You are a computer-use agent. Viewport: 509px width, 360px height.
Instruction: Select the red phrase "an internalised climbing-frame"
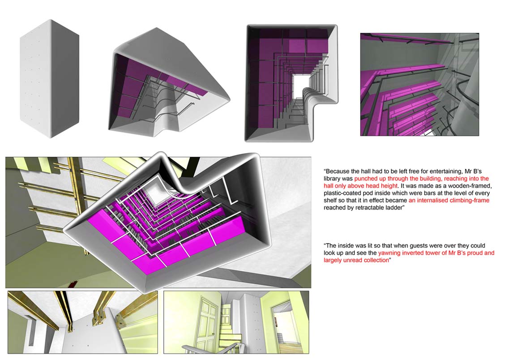449,200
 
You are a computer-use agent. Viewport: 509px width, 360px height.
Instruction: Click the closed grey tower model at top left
49,78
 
